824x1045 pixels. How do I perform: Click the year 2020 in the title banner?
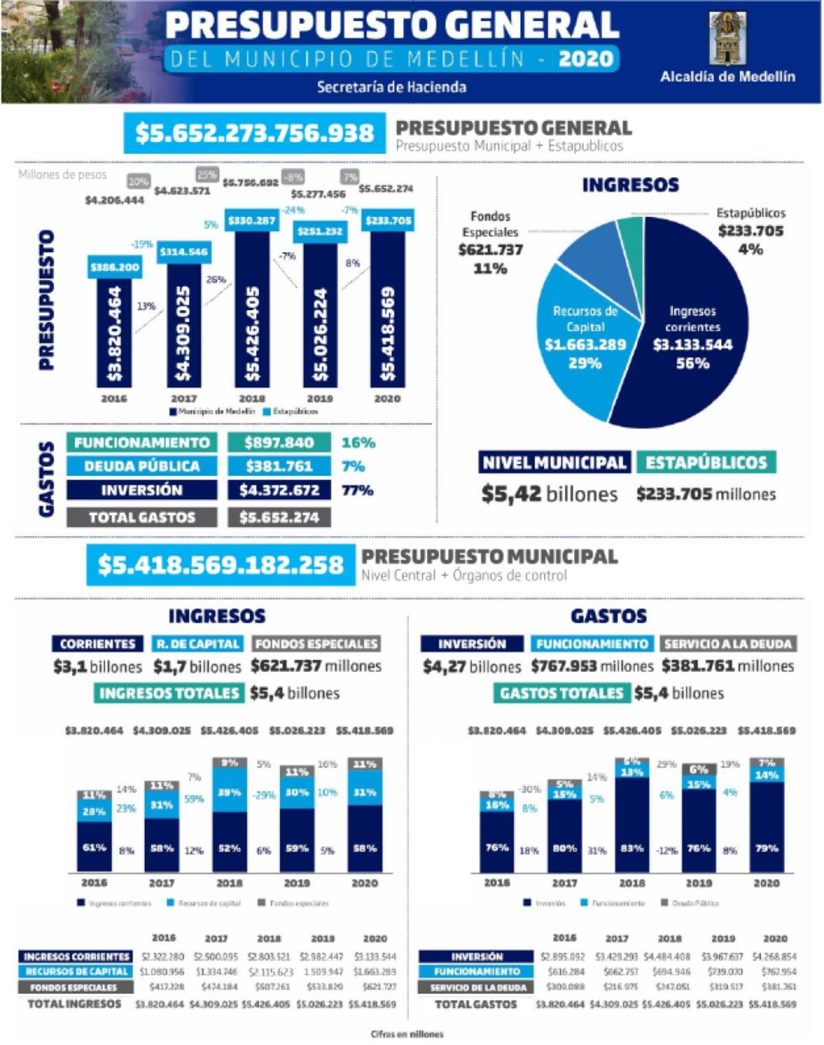point(586,59)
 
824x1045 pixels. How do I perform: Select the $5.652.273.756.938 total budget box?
point(254,133)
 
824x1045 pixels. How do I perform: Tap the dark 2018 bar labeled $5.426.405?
point(253,309)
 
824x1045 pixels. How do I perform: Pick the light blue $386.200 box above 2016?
point(115,267)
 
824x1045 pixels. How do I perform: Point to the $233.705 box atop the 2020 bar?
point(388,220)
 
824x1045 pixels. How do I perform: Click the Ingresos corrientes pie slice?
point(694,330)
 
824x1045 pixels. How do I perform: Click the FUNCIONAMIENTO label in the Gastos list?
point(141,443)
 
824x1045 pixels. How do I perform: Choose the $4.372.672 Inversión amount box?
point(279,490)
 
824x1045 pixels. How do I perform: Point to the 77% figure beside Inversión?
point(357,490)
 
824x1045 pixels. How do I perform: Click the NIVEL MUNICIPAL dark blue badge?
point(554,463)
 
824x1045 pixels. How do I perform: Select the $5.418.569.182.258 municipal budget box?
point(220,565)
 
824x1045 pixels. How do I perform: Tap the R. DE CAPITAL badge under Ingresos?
point(198,644)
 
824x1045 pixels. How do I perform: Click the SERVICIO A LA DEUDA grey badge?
point(728,644)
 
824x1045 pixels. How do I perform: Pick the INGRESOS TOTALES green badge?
point(169,693)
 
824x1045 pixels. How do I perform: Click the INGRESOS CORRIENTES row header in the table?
point(76,956)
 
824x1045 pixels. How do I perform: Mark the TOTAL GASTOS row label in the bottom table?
point(476,1004)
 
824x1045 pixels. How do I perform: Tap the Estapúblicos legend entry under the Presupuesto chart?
point(292,411)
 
